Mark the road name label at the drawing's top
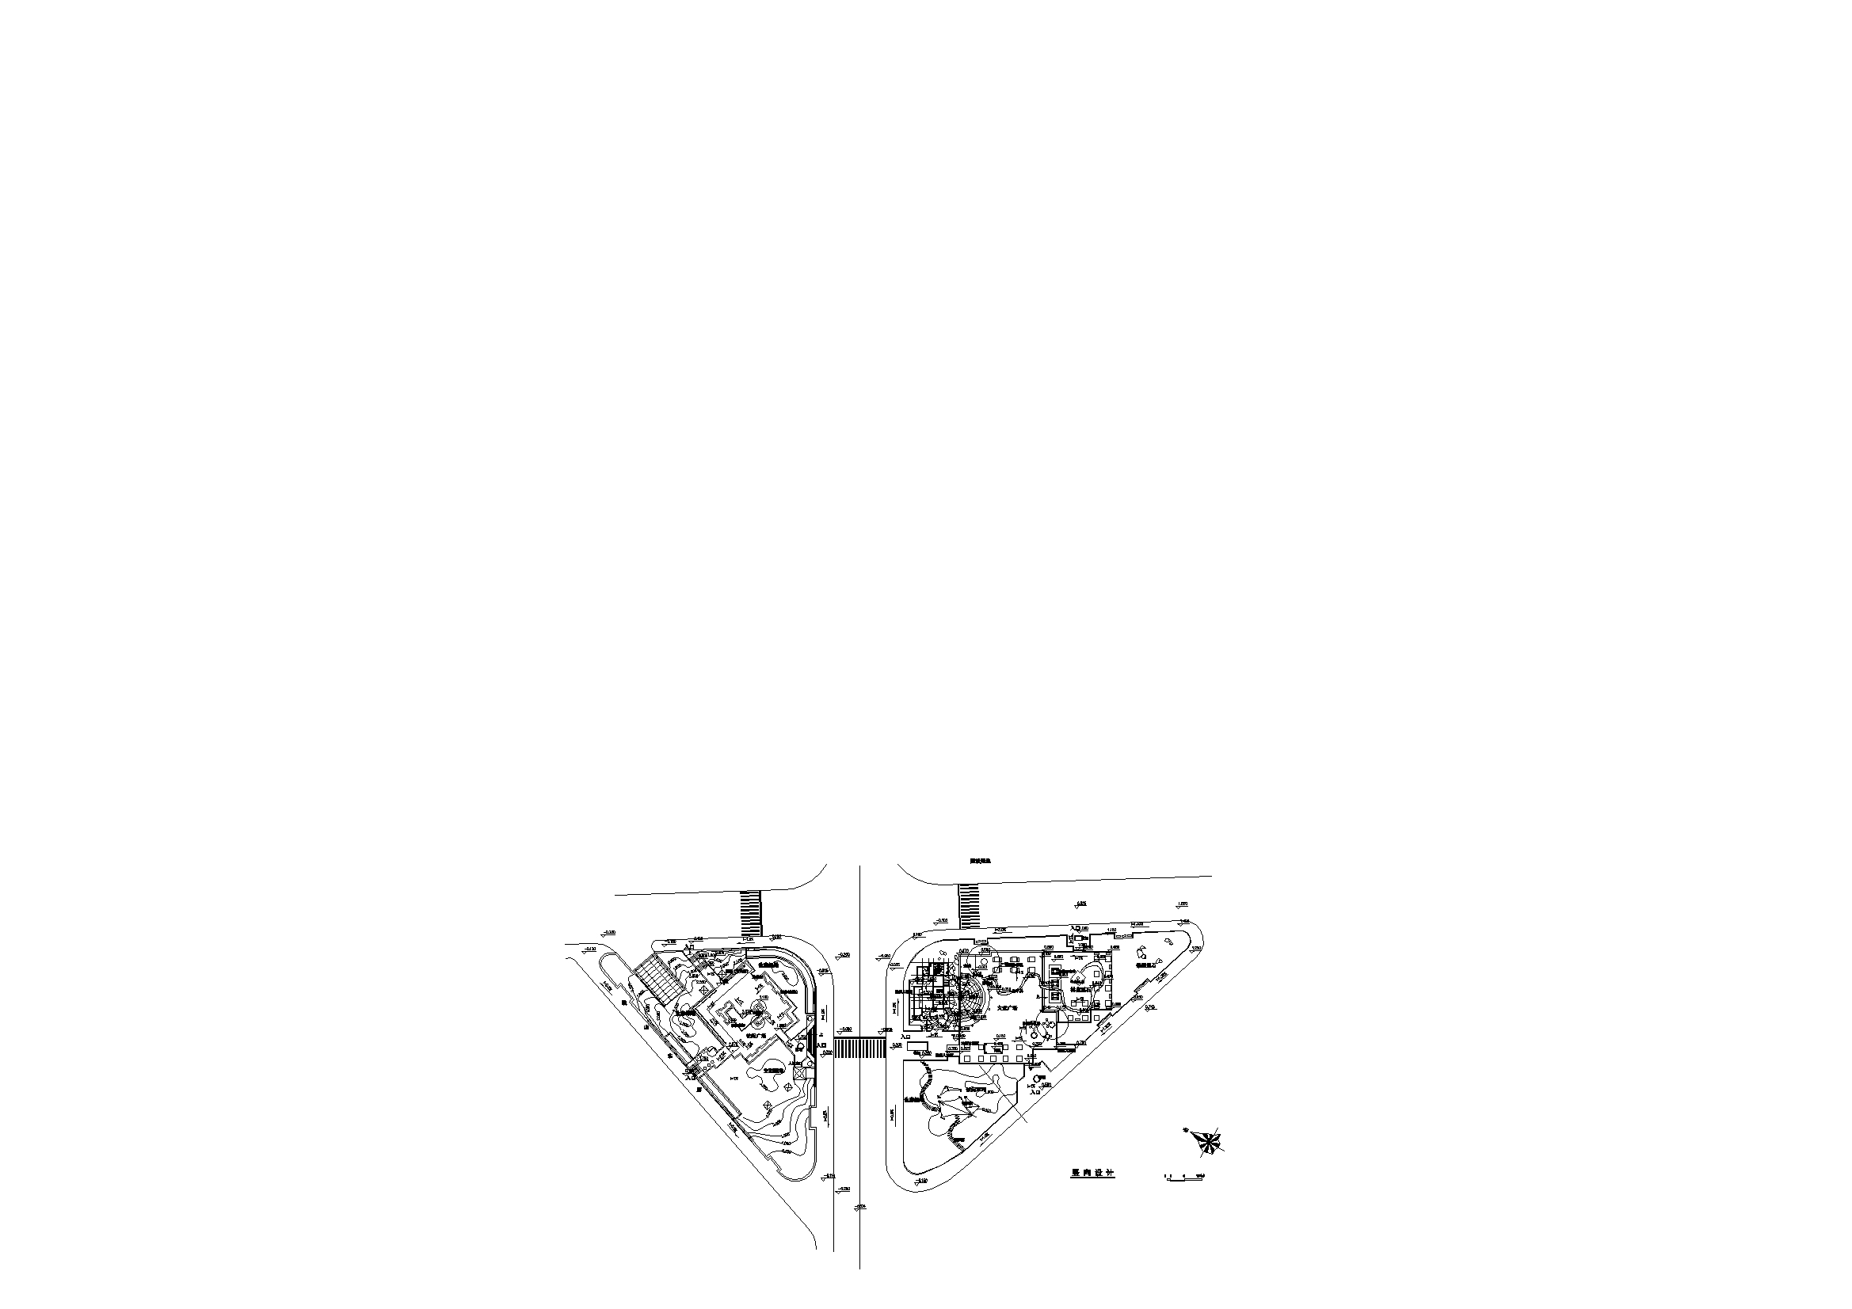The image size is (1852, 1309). tap(980, 862)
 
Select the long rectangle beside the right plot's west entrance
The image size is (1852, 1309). tap(917, 1045)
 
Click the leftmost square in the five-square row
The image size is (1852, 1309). tap(967, 1056)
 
